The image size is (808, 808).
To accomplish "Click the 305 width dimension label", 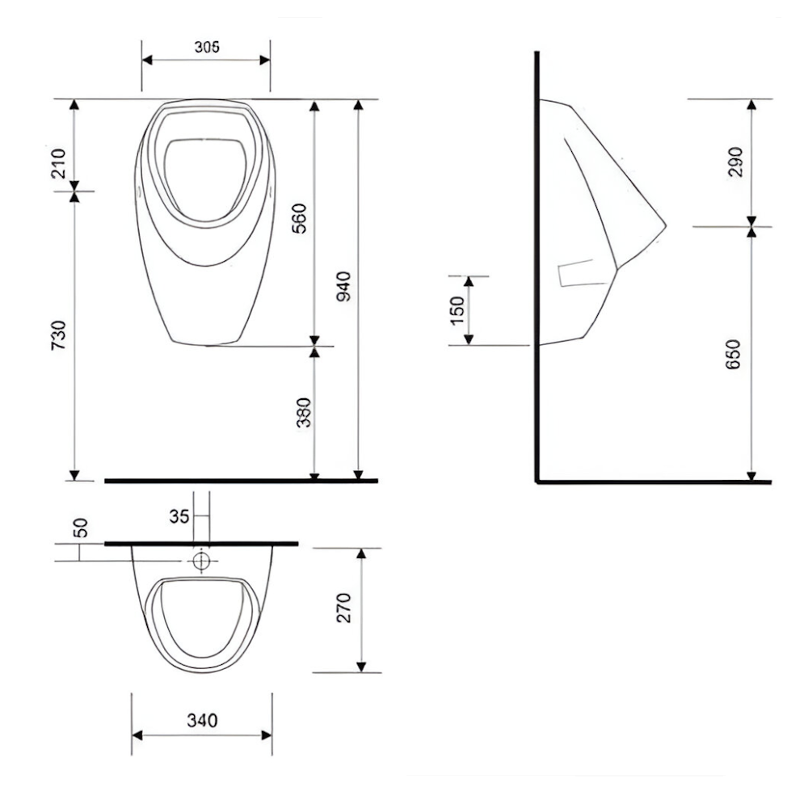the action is click(x=207, y=47).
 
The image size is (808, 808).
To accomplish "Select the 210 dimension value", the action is click(x=59, y=163).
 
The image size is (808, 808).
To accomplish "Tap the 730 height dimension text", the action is click(x=59, y=335).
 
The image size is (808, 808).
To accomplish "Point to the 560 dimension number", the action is click(x=300, y=218).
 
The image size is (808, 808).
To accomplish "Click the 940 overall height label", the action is click(x=343, y=287).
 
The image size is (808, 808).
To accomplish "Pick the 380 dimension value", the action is click(x=304, y=412).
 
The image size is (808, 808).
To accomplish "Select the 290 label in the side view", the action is click(x=736, y=162).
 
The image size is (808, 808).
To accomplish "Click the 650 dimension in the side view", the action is click(x=733, y=354).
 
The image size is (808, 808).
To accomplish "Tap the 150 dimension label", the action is click(x=457, y=311).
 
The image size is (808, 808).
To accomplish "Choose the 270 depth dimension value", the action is click(x=343, y=608).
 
